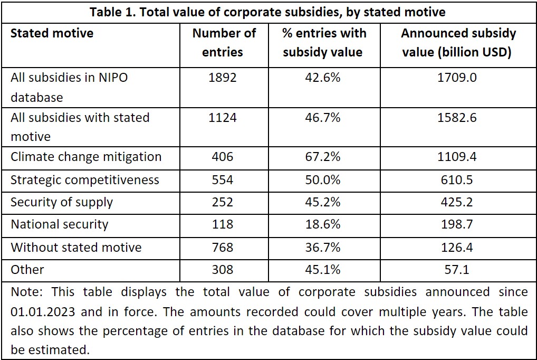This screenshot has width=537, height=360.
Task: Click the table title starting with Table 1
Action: [x=268, y=12]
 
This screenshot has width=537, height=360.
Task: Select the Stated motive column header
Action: [x=52, y=33]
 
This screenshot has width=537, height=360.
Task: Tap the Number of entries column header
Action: [x=224, y=42]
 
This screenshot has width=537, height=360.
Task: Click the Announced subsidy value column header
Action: [x=458, y=42]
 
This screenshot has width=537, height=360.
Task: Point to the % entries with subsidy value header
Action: [x=324, y=42]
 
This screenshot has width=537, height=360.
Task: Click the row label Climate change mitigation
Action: [x=86, y=157]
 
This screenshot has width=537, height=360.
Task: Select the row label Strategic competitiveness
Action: [x=84, y=179]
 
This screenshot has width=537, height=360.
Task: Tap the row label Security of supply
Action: [x=62, y=202]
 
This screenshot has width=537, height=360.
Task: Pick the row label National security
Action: [x=59, y=224]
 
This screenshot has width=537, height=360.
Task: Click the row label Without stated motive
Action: [x=76, y=247]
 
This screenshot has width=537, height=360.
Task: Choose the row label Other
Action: [x=27, y=270]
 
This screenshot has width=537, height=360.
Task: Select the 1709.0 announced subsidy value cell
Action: [x=458, y=78]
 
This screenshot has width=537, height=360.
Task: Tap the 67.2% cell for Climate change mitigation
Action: [x=324, y=157]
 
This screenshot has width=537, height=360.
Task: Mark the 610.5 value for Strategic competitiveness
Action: [x=458, y=179]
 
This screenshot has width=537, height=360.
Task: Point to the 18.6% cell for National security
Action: [x=324, y=224]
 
